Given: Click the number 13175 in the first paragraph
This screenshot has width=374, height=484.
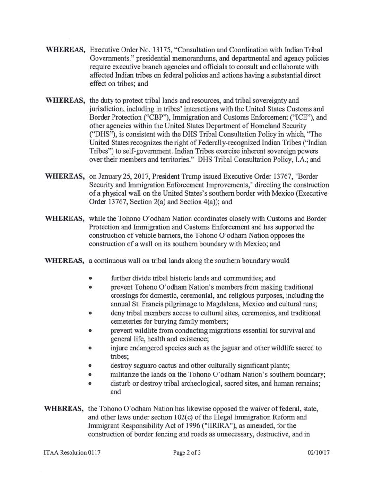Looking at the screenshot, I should [161, 50].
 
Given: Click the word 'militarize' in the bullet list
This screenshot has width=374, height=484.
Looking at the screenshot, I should [125, 374].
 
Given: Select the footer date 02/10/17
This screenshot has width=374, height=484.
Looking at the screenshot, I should [317, 453].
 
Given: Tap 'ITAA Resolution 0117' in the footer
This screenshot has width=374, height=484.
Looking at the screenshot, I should [69, 453].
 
